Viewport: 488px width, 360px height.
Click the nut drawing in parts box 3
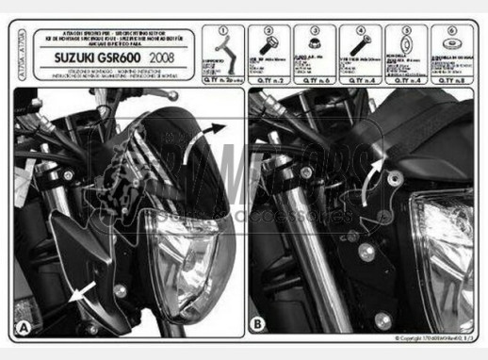[312, 46]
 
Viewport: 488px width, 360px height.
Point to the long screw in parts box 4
[359, 47]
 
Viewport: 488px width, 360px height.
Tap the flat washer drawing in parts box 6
[451, 48]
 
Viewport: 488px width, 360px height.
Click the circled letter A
[24, 328]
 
